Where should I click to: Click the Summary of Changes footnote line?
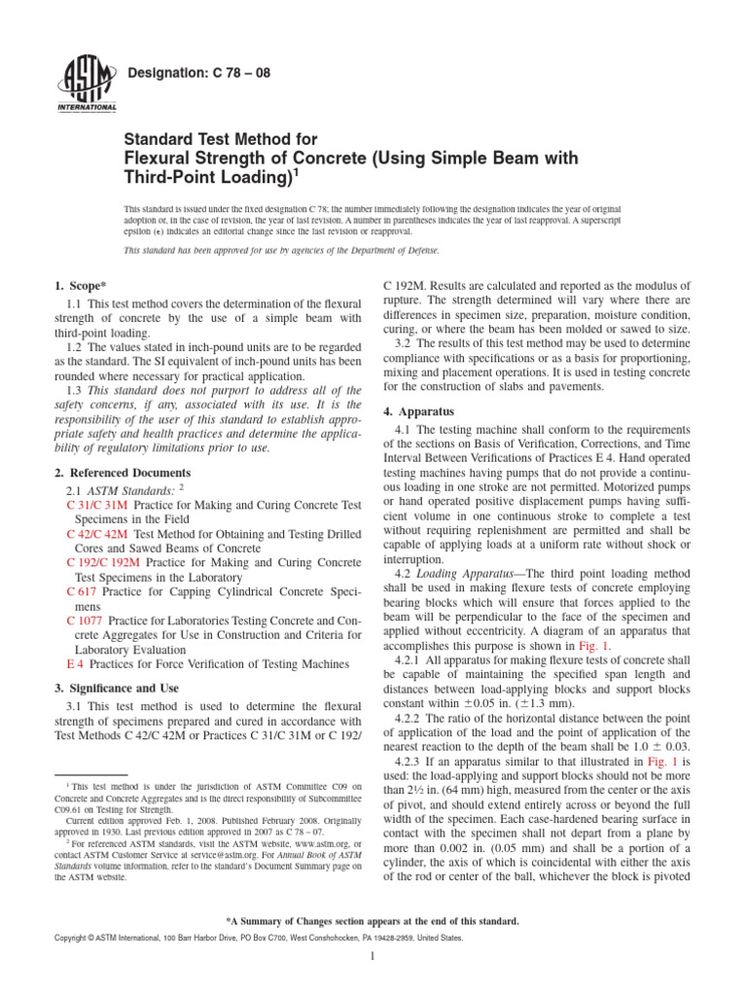pyautogui.click(x=373, y=920)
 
